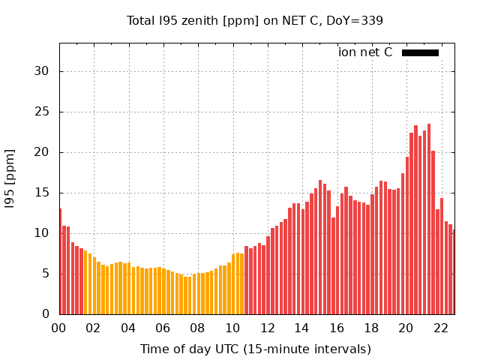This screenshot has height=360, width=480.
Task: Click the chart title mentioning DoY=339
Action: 255,20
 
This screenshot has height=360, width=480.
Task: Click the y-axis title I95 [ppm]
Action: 10,178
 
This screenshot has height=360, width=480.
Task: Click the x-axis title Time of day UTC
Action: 255,349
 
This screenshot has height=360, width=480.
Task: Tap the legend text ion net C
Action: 365,52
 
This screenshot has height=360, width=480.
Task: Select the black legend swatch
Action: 420,52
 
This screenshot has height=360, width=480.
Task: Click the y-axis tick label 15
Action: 45,193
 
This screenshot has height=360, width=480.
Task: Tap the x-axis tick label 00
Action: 59,328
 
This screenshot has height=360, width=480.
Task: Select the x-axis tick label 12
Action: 267,328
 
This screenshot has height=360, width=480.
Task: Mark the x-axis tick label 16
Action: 337,328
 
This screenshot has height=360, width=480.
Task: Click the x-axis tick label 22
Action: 441,328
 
